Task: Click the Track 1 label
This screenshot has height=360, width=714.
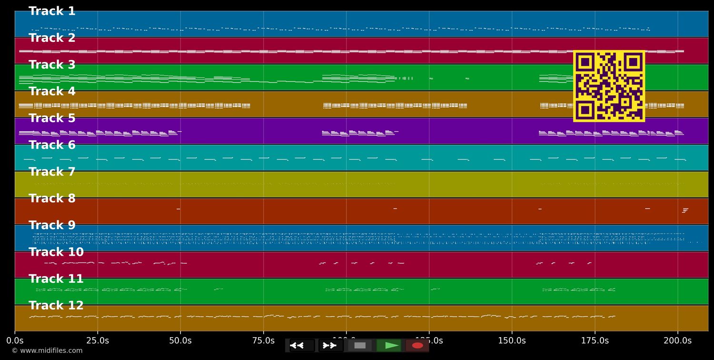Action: [x=52, y=11]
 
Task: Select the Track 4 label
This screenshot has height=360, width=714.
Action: [x=52, y=91]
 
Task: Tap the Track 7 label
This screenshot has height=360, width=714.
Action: [x=52, y=172]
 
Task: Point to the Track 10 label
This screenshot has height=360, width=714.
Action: [x=56, y=252]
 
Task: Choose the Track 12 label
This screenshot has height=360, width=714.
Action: [x=56, y=306]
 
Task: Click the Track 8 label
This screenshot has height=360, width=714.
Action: [x=52, y=199]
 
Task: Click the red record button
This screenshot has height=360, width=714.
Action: [x=417, y=345]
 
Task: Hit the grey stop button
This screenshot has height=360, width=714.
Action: [x=360, y=345]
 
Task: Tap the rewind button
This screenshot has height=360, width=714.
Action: [x=302, y=345]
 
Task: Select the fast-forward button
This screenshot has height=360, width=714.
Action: [x=330, y=345]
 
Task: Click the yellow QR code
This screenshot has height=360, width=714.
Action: [x=609, y=86]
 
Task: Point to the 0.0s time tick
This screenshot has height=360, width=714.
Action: [x=15, y=340]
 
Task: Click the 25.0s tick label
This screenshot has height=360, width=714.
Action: [x=98, y=340]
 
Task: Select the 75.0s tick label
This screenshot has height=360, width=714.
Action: [x=263, y=340]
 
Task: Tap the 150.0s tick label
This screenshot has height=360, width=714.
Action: [x=512, y=340]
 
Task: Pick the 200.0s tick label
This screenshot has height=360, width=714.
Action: [x=677, y=340]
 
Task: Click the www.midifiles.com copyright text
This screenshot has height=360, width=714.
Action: [x=47, y=350]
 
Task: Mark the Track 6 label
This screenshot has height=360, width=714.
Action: [x=52, y=145]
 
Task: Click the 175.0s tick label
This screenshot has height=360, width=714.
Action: [x=595, y=340]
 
